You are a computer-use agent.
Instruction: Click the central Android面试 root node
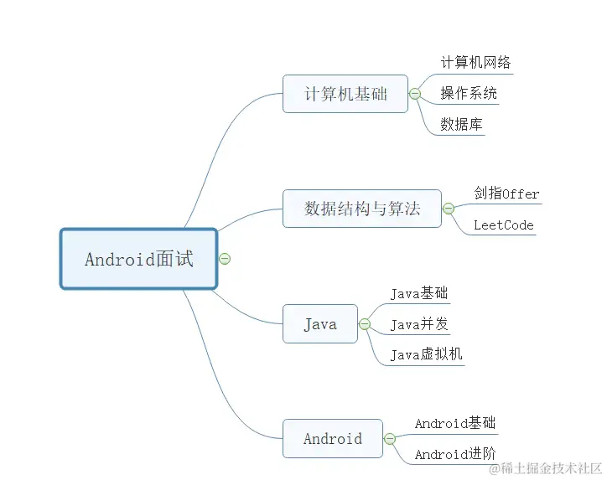point(138,259)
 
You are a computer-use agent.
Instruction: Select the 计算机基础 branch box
point(345,94)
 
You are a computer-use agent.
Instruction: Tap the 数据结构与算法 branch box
point(361,209)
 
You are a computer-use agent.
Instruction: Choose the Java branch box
point(319,324)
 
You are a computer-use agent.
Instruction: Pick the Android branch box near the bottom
point(332,438)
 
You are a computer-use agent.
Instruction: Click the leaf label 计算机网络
point(475,62)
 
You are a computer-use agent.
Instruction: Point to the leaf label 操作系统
point(469,93)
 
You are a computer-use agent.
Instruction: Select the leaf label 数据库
point(461,124)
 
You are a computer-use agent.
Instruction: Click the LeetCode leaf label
point(503,225)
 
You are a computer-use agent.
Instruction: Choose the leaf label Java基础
point(419,293)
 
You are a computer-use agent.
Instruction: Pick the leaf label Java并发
point(419,324)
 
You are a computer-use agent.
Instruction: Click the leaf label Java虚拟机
point(426,354)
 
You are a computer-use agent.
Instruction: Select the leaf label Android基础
point(455,423)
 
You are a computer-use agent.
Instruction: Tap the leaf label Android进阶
point(455,454)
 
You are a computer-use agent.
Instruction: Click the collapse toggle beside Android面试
point(225,259)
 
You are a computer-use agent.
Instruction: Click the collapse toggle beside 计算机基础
point(414,94)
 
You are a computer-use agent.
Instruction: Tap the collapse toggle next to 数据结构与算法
point(448,209)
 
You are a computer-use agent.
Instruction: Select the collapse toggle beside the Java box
point(365,324)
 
